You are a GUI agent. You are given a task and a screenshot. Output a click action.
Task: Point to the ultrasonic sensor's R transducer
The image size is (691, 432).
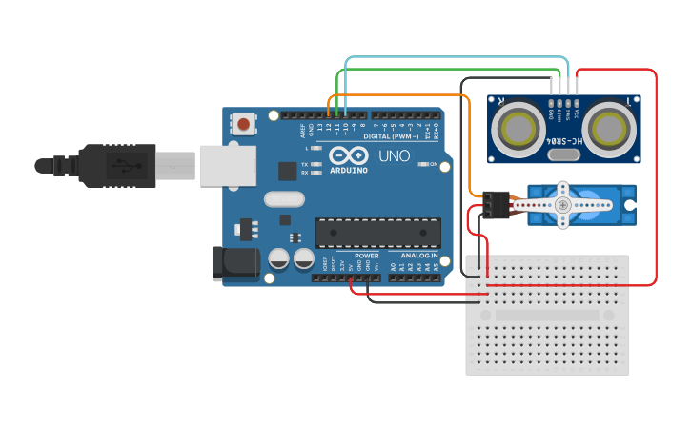point(518,127)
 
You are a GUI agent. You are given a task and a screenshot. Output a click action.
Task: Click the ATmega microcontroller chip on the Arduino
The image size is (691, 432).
point(378,232)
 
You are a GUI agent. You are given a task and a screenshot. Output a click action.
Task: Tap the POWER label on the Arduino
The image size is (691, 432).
point(367,257)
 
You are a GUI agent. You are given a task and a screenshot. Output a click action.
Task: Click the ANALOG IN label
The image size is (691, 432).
point(419,257)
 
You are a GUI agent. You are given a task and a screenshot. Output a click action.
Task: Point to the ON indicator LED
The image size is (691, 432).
point(422,164)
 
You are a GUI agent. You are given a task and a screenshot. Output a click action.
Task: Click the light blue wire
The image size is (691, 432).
point(457,57)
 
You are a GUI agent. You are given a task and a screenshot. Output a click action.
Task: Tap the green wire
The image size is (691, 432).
point(448,69)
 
